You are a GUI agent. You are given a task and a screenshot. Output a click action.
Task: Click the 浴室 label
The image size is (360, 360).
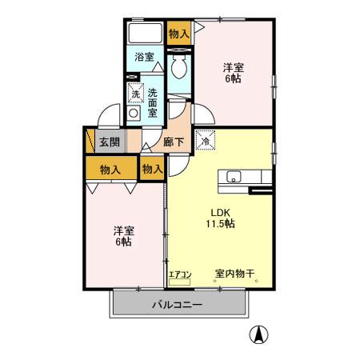pos(145,57)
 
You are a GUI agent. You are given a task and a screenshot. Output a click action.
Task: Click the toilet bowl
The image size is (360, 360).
pos(178,68)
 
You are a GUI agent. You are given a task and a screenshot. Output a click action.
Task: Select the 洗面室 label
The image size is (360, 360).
pos(152,102)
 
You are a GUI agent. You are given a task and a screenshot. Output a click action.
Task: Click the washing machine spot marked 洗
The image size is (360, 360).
pos(134,94)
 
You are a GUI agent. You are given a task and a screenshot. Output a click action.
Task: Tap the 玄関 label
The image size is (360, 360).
pos(110,142)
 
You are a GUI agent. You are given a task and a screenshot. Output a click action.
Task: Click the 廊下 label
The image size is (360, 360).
pos(174,142)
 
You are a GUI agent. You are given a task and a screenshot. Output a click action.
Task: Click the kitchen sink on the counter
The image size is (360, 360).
pos(234,177)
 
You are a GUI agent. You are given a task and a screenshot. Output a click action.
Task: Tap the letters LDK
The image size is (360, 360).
pos(220,212)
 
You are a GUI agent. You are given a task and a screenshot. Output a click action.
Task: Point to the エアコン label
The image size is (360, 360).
pos(180,274)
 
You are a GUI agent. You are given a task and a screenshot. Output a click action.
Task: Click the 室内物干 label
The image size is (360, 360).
pos(234,274)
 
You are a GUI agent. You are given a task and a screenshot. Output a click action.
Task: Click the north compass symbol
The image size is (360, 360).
pos(259,334)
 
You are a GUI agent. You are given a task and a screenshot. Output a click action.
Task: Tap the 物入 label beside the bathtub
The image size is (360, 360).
pos(179,34)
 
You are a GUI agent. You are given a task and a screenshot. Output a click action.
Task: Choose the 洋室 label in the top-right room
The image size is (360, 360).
pos(233,69)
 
